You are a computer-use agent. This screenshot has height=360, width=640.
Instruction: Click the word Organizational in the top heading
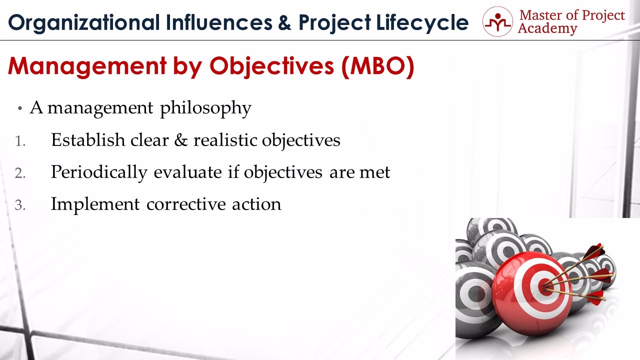click(x=83, y=23)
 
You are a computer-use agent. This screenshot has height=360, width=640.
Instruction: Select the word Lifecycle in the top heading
click(x=422, y=23)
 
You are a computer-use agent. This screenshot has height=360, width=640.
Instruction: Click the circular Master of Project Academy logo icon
click(x=497, y=21)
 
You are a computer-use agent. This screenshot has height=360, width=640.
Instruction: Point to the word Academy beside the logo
click(x=547, y=29)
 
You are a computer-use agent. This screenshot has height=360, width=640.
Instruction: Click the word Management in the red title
click(x=87, y=66)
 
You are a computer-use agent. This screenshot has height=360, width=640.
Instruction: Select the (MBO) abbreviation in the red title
click(x=377, y=66)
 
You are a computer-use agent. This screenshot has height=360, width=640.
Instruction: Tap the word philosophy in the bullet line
click(x=205, y=108)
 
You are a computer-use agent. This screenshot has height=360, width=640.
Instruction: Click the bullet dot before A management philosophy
click(x=19, y=108)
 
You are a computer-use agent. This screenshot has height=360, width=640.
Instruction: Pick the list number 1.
click(x=20, y=141)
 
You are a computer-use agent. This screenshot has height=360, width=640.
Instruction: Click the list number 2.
click(x=20, y=173)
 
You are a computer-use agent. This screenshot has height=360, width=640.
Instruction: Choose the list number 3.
click(x=20, y=205)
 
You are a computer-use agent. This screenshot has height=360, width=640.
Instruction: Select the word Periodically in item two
click(x=99, y=172)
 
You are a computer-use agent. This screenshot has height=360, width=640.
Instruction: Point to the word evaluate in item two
click(x=187, y=172)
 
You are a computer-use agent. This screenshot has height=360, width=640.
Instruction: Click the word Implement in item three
click(x=95, y=205)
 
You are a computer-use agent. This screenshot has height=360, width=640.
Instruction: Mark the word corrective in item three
click(x=186, y=204)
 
